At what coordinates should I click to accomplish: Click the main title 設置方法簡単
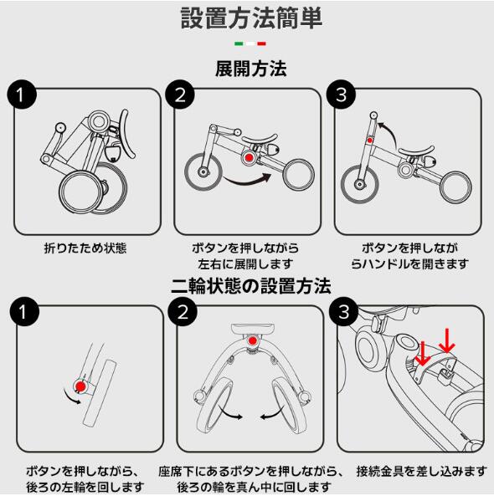coord(251,18)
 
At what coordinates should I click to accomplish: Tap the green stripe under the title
coord(239,43)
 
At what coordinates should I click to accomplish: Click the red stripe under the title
coord(261,43)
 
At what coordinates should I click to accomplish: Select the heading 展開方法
coord(251,69)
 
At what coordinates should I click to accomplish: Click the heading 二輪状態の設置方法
coord(251,286)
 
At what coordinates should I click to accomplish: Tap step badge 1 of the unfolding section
coord(22,95)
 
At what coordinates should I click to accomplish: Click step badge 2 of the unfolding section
coord(180,95)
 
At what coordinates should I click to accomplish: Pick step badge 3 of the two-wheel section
coord(343,312)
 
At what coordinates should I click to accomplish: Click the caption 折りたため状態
coord(85,248)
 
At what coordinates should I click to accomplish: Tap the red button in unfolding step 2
coord(250,157)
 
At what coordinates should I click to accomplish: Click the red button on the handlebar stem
coord(369,140)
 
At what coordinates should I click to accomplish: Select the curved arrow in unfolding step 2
coord(248,181)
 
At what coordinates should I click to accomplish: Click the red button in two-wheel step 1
coord(80,386)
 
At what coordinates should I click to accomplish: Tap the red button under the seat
coord(252,340)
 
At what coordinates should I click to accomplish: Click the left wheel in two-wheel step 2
coord(215,405)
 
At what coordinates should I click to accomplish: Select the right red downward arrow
coord(447,340)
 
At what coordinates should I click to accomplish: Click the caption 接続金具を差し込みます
coord(421,471)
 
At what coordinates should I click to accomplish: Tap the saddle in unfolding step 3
coord(416,151)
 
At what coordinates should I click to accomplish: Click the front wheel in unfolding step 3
coord(360,183)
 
